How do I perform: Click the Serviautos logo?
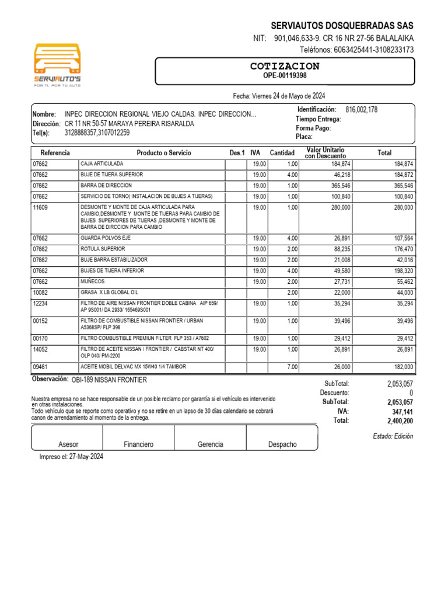coord(58,64)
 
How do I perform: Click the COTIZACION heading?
coord(285,66)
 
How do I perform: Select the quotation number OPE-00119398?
coord(285,76)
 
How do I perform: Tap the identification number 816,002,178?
coord(362,110)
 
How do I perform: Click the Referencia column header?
coord(55,153)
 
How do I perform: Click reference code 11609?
coord(40,207)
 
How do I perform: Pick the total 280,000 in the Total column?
coord(402,207)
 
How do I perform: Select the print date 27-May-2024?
coord(86,457)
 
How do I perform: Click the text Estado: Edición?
coord(393,436)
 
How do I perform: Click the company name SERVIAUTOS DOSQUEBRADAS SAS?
coord(342,26)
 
